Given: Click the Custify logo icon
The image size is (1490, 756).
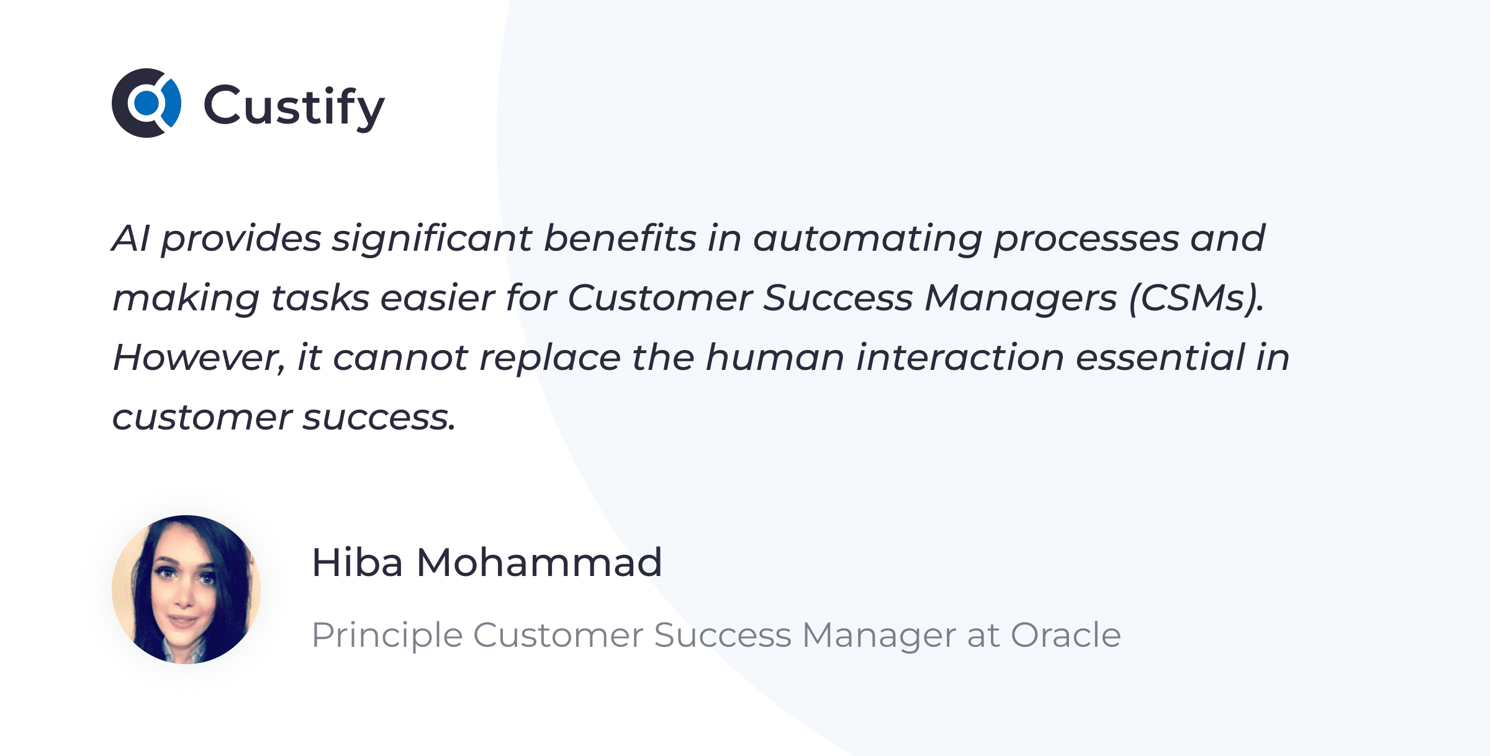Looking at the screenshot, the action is tap(147, 103).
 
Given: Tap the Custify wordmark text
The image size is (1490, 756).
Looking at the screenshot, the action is tap(294, 107).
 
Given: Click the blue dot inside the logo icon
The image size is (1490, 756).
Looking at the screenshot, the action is tap(147, 103).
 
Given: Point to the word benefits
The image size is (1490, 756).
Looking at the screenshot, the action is tap(620, 238).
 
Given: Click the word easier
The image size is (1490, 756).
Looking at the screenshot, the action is tap(438, 299).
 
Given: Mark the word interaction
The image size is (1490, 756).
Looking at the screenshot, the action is tap(960, 358).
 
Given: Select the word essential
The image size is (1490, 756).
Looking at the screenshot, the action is tap(1160, 358).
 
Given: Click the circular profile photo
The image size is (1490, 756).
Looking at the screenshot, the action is tap(186, 590).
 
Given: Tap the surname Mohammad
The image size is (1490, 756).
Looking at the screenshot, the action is tap(539, 562).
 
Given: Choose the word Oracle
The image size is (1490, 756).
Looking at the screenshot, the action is tap(1066, 635).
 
